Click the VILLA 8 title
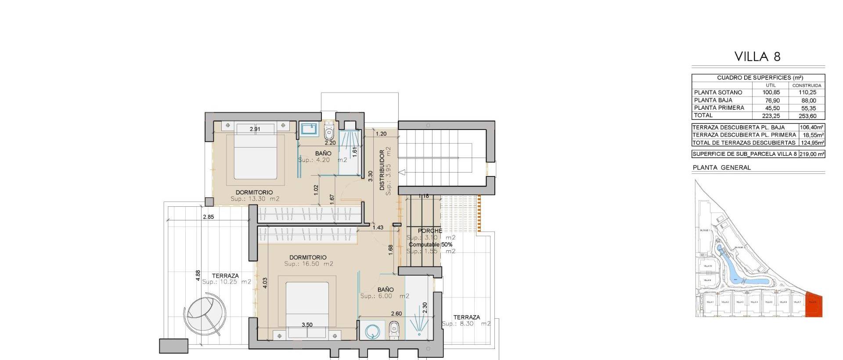point(757,57)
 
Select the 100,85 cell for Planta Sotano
point(771,93)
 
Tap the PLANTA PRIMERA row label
point(719,108)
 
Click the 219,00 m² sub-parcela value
point(812,154)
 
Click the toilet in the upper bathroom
point(329,132)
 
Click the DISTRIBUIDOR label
point(382,170)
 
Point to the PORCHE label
point(430,231)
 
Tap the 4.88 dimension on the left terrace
point(198,275)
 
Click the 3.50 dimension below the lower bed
point(307,325)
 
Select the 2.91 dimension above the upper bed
point(255,129)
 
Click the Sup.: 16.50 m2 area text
point(308,264)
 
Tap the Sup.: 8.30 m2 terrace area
point(466,324)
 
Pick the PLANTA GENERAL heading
point(721,168)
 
